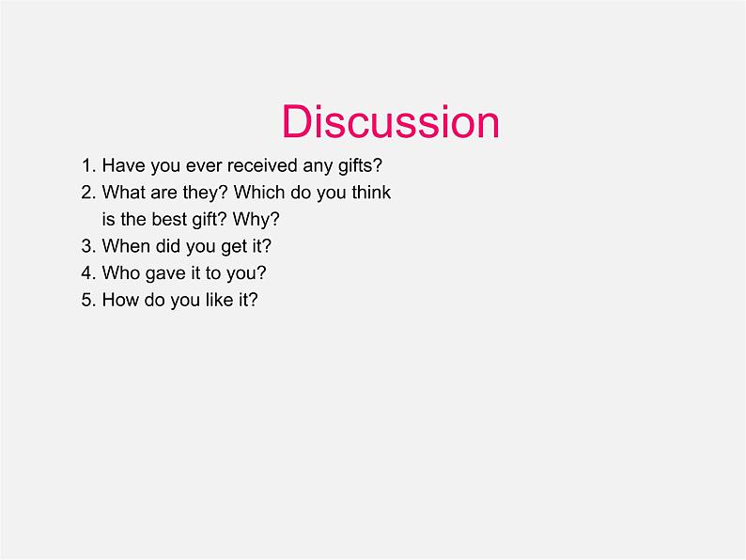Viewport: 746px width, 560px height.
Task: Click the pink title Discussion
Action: pyautogui.click(x=390, y=121)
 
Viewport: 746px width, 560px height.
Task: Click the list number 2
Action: pyautogui.click(x=88, y=193)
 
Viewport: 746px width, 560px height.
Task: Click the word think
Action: pyautogui.click(x=371, y=193)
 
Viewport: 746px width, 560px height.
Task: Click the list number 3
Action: pyautogui.click(x=88, y=246)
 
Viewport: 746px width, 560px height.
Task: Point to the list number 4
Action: pyautogui.click(x=88, y=273)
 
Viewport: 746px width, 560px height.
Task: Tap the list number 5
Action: pyautogui.click(x=88, y=300)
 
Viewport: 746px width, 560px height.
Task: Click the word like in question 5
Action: pyautogui.click(x=220, y=300)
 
